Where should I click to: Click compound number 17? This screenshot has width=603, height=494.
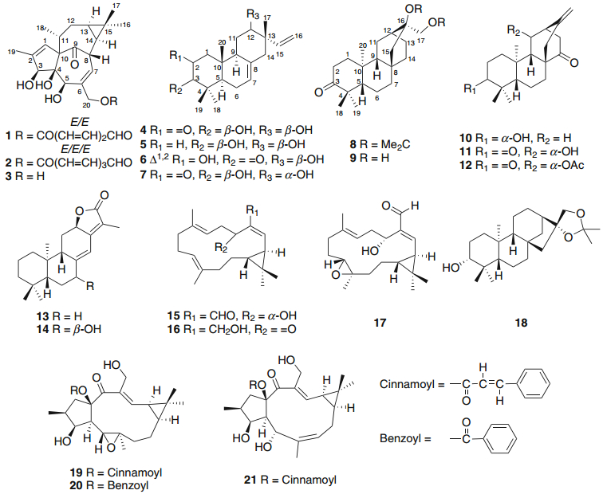pyautogui.click(x=376, y=324)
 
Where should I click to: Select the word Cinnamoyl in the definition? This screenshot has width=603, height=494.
pyautogui.click(x=409, y=383)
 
